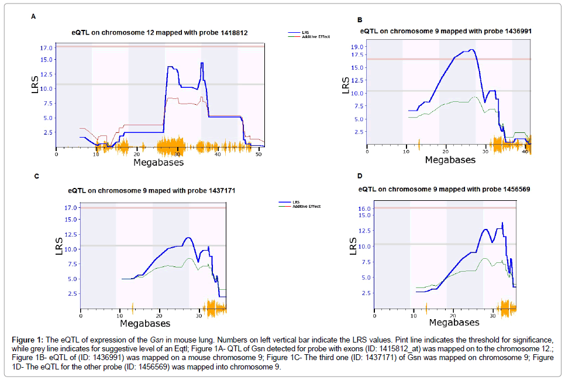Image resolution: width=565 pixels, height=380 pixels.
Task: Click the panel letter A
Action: coord(33,16)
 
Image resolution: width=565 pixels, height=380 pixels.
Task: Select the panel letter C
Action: coord(37,176)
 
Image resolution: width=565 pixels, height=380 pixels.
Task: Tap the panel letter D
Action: coord(360,176)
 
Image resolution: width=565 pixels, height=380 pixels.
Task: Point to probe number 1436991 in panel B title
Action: coord(512,30)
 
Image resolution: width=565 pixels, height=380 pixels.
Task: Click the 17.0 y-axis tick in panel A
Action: coord(47,47)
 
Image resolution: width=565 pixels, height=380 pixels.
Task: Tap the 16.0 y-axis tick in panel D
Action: coord(363,208)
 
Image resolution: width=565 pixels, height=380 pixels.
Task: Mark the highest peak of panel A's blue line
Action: coord(202,63)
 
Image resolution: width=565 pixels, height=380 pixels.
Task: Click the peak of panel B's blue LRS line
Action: coord(471,50)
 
